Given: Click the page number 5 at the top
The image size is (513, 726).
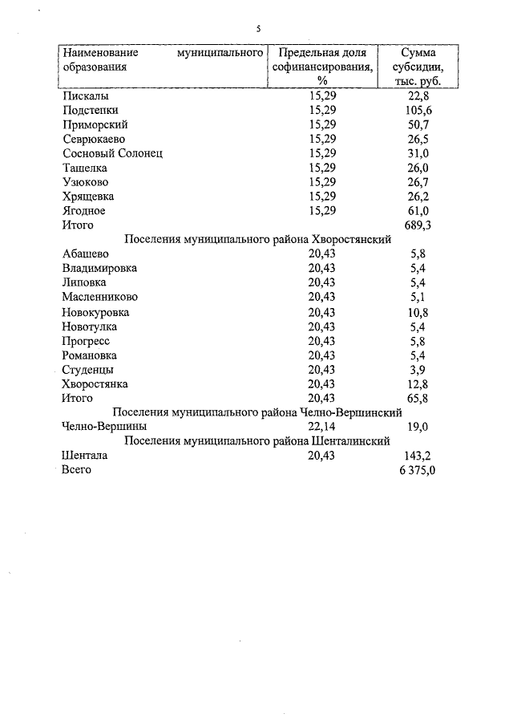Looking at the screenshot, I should point(258,29).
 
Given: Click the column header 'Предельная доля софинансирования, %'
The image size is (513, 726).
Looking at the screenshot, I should point(322,67).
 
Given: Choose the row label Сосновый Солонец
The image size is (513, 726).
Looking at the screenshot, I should point(112,153).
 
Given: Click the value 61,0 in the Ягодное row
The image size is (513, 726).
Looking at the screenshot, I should point(417,211).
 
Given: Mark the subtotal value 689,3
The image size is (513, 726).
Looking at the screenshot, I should point(417,225).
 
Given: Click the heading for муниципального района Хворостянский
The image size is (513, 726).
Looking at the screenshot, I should point(257,239).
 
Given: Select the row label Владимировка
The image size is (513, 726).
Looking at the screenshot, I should point(99,268).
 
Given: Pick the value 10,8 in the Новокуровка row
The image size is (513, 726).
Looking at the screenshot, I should point(417,312).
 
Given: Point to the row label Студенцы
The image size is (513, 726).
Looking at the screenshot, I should point(87,370).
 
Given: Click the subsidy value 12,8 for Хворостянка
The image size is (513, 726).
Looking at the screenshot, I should point(417,383).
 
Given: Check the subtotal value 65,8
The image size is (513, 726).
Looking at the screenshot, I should point(417,398).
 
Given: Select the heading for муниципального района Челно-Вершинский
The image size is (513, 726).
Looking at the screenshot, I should point(257,412).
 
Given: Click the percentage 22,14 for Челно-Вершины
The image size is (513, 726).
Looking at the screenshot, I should point(322,427).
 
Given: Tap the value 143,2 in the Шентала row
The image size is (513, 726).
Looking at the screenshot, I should point(417,456).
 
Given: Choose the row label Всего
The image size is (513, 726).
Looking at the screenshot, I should point(77,470).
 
